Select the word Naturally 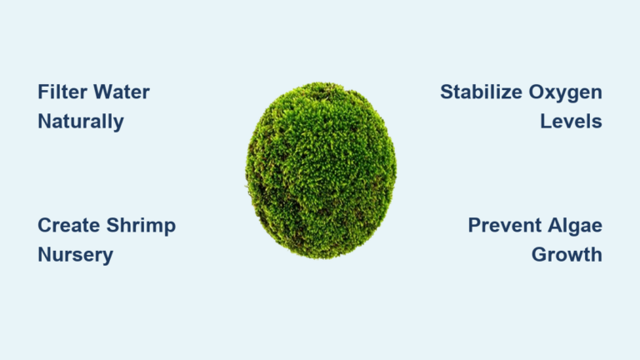(81, 122)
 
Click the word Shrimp (142, 225)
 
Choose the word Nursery (76, 255)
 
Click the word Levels (571, 122)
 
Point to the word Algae (574, 226)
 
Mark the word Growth (567, 255)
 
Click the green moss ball (321, 170)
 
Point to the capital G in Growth (540, 255)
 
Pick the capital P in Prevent (474, 225)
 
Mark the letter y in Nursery (108, 257)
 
